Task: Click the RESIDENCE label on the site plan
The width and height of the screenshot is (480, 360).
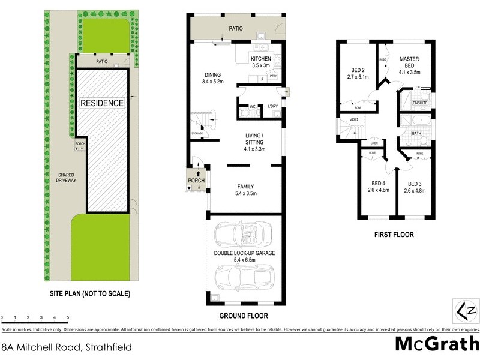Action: [102, 103]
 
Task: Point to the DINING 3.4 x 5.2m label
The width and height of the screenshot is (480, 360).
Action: [212, 78]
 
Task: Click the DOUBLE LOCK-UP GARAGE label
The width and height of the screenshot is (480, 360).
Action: [244, 256]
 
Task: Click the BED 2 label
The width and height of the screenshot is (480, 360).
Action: [357, 73]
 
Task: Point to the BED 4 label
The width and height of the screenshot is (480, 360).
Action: [378, 187]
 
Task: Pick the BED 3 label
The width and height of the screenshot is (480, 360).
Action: [415, 187]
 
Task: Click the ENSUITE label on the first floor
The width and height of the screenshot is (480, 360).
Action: [420, 103]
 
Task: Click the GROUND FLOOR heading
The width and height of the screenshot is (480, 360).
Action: [244, 316]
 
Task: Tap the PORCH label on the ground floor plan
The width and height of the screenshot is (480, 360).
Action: [196, 181]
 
